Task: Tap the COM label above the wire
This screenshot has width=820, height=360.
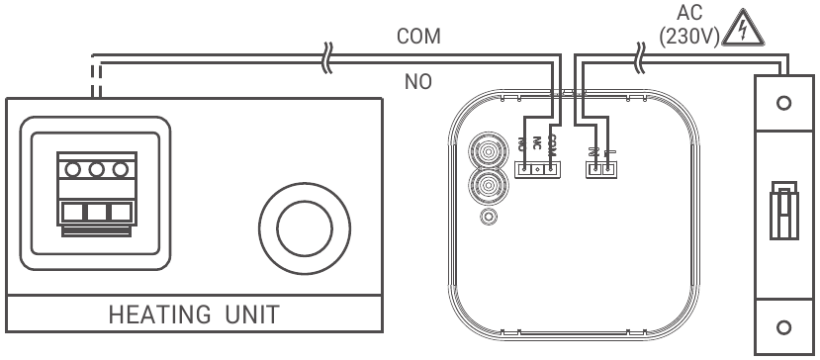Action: pyautogui.click(x=418, y=37)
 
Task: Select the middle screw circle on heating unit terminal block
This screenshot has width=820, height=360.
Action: pyautogui.click(x=97, y=169)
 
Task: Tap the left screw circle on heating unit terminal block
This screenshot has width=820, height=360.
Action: pyautogui.click(x=73, y=169)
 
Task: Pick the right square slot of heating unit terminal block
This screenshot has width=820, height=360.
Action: pyautogui.click(x=121, y=211)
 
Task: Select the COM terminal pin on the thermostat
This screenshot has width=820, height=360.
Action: pyautogui.click(x=551, y=169)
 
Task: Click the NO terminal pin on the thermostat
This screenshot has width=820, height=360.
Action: pyautogui.click(x=523, y=169)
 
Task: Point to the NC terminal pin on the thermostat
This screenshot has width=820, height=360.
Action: pyautogui.click(x=537, y=169)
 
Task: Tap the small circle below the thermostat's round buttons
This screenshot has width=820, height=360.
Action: pyautogui.click(x=486, y=217)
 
